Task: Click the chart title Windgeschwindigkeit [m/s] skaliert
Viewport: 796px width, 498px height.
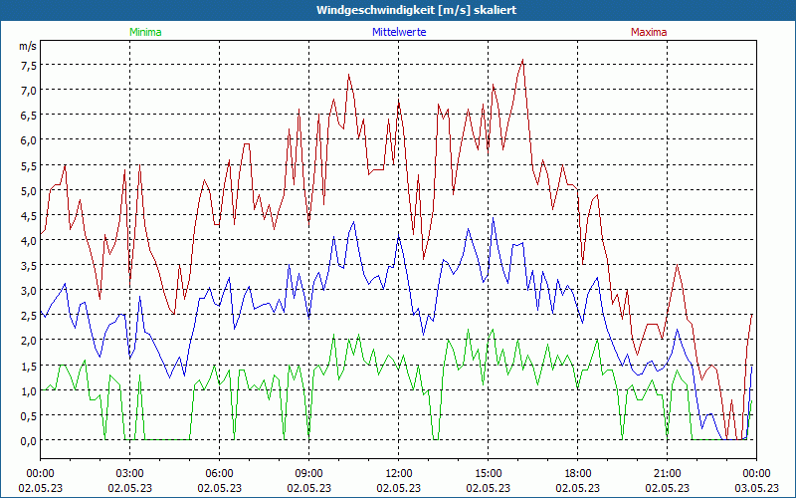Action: [398, 9]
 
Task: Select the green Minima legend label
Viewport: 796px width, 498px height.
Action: [145, 32]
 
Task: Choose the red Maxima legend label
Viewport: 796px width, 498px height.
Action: [649, 32]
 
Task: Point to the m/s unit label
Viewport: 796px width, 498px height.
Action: [28, 47]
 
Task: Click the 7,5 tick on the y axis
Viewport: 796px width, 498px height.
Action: [28, 65]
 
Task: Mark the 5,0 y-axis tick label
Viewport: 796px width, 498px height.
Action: [28, 189]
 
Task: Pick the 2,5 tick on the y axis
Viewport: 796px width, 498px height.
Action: [28, 315]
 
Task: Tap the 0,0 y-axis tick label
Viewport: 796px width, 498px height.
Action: [28, 439]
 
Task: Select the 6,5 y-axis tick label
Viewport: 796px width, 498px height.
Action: [28, 115]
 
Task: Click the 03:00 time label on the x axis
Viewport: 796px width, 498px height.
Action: [130, 473]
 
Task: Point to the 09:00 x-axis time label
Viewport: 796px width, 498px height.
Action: [308, 473]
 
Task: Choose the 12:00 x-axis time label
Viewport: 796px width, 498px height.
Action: [398, 473]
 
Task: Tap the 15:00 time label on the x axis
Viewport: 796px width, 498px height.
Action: [488, 473]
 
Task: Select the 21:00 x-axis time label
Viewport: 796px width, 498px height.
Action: [667, 473]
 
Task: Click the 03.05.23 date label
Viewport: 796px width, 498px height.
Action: [756, 488]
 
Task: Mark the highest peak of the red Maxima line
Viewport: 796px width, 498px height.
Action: [522, 60]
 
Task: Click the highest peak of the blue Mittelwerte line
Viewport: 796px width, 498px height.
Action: [494, 218]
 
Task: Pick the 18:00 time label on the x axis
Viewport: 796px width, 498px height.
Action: [577, 473]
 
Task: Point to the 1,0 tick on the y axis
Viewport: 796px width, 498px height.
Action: [28, 389]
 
